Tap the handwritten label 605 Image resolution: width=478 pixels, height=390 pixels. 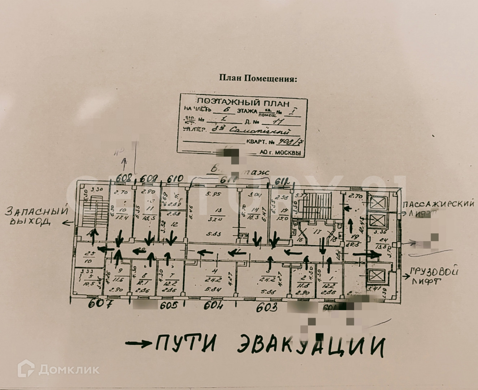click(169, 305)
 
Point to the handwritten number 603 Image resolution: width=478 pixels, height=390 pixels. click(267, 308)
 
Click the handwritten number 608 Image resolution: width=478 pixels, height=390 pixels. click(125, 178)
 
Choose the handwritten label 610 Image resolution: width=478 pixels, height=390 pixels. click(175, 178)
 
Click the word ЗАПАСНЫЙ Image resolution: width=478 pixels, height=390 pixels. click(37, 210)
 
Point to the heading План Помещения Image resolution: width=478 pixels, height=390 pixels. click(258, 78)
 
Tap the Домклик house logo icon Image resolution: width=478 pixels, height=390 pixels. click(26, 369)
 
